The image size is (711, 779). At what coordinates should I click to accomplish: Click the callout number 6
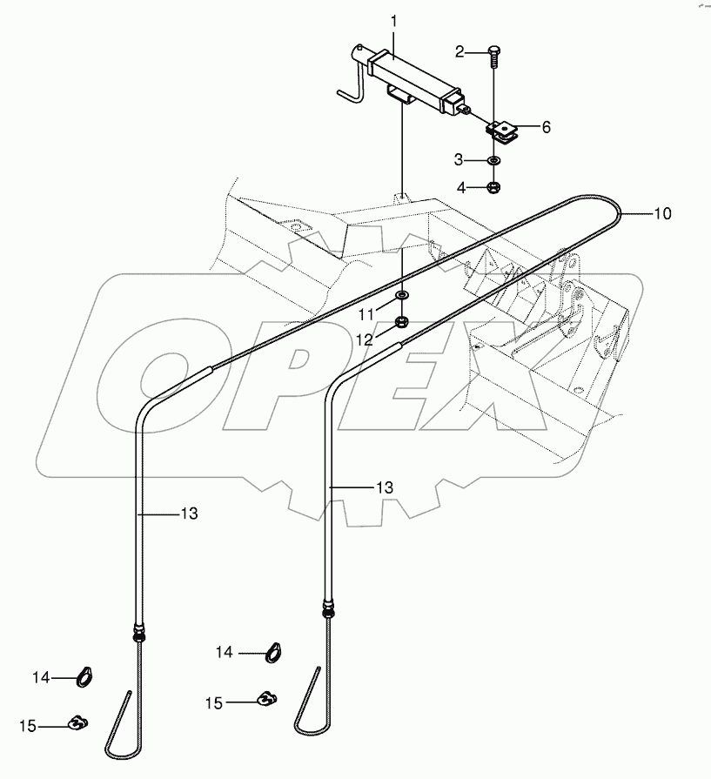pyautogui.click(x=546, y=127)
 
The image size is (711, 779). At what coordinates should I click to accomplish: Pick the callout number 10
pyautogui.click(x=662, y=212)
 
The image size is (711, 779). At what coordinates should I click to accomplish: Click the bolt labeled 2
pyautogui.click(x=494, y=55)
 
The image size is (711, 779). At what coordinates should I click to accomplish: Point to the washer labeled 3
pyautogui.click(x=493, y=161)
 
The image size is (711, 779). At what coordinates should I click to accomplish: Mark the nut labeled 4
pyautogui.click(x=493, y=186)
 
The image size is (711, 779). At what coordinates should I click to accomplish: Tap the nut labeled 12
pyautogui.click(x=402, y=323)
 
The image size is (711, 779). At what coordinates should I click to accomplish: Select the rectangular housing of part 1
pyautogui.click(x=413, y=81)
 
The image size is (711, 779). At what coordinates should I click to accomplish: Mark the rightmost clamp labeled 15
pyautogui.click(x=267, y=697)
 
